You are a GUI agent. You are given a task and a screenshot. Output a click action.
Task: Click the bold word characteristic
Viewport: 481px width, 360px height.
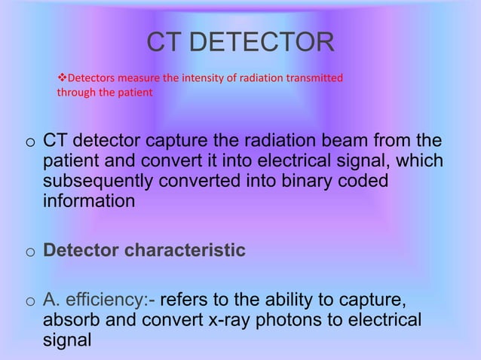[184, 250]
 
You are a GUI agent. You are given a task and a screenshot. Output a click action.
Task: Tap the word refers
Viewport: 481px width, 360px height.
[184, 302]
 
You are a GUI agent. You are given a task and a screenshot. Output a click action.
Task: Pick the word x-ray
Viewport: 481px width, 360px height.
[233, 321]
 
